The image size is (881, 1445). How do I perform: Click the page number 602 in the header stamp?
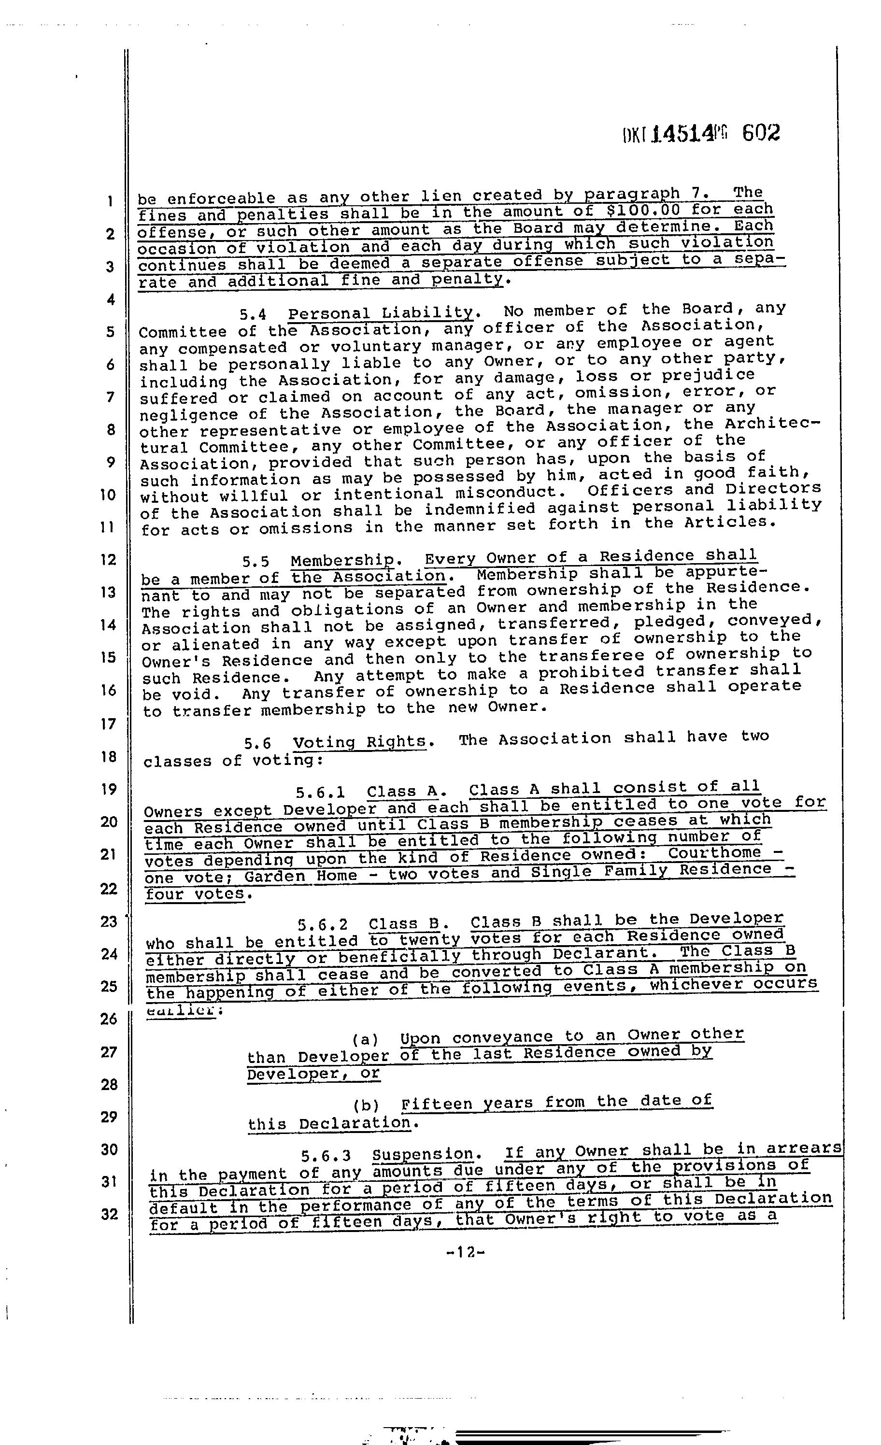point(761,133)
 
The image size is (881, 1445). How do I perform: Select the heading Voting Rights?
point(359,742)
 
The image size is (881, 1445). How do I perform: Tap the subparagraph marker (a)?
point(366,1040)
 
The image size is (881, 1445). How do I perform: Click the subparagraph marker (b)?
point(367,1105)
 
